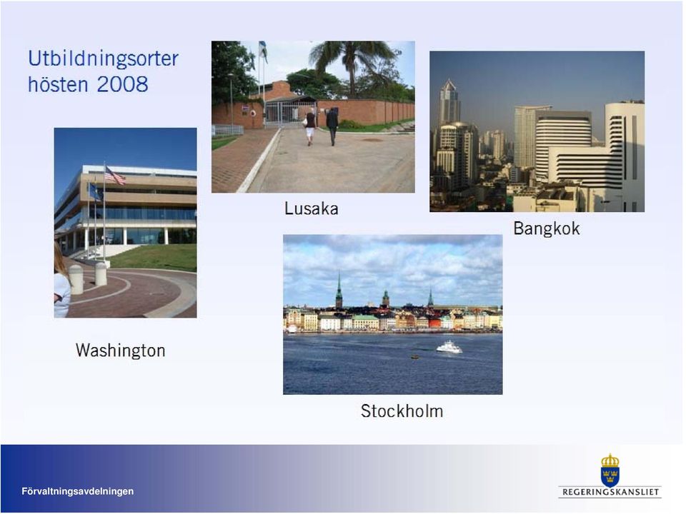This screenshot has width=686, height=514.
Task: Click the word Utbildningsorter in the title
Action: coord(103,59)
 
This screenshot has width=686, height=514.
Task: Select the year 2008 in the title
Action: coord(122,84)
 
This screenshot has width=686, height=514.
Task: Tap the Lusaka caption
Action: coord(312,208)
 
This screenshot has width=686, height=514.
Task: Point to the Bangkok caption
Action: coord(547,228)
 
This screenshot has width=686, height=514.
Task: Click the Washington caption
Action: coord(120,350)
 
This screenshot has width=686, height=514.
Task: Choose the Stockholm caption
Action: coord(402,411)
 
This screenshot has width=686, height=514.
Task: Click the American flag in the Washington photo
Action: coord(114,176)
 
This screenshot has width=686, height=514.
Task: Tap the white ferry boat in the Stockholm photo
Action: coord(449,347)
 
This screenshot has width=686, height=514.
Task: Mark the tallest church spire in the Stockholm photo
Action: coord(339,291)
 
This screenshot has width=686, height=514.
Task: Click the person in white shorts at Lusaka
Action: coord(310,126)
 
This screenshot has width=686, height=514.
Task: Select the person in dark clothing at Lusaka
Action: coord(332,126)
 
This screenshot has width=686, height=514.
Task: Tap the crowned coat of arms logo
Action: coord(610,470)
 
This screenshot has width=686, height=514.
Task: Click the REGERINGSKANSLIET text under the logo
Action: coord(610,492)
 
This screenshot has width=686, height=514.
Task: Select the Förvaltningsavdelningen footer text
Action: coord(78,491)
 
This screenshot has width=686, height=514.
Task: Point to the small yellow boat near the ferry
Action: coord(414,357)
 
